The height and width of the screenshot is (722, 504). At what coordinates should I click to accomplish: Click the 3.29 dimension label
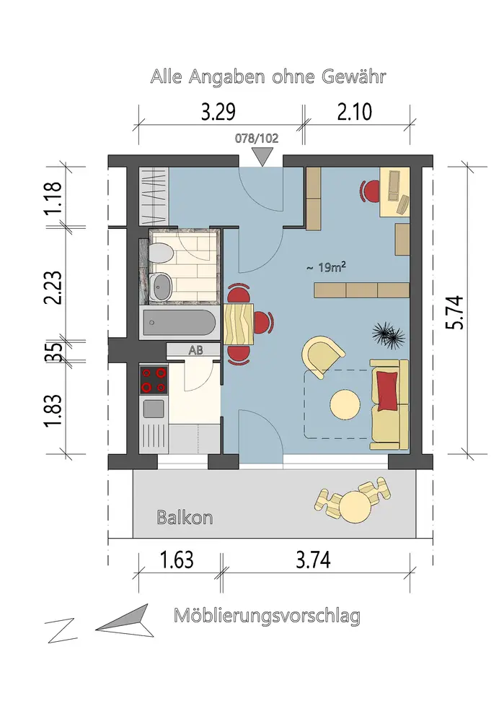pos(218,112)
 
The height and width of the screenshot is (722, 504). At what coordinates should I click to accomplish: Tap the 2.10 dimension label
pos(355,112)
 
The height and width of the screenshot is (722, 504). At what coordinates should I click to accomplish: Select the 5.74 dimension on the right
pos(455,312)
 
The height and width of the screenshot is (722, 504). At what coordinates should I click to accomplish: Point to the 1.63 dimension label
pos(177,560)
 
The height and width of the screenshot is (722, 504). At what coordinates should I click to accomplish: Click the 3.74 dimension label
pos(313,560)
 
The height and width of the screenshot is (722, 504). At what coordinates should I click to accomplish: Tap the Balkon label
pos(185,518)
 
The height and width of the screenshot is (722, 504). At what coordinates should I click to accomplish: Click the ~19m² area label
pos(327,267)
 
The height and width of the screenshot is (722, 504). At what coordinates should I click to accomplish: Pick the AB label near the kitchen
pos(196,350)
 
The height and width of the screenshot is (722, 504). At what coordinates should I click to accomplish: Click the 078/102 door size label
pos(257,138)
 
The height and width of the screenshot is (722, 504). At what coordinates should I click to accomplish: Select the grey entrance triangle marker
pos(262,157)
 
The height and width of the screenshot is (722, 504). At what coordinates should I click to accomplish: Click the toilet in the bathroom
pos(161,253)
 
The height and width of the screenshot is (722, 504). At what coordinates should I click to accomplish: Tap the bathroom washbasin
pos(162,287)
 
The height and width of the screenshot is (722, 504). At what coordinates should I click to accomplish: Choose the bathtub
pos(179,322)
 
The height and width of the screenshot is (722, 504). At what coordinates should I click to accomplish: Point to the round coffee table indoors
pos(345,405)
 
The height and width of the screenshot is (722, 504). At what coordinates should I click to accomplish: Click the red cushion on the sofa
pos(386,390)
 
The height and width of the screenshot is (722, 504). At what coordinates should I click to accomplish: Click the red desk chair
pos(370,191)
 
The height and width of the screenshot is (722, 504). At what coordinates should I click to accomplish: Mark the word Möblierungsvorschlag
pos(267,615)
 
